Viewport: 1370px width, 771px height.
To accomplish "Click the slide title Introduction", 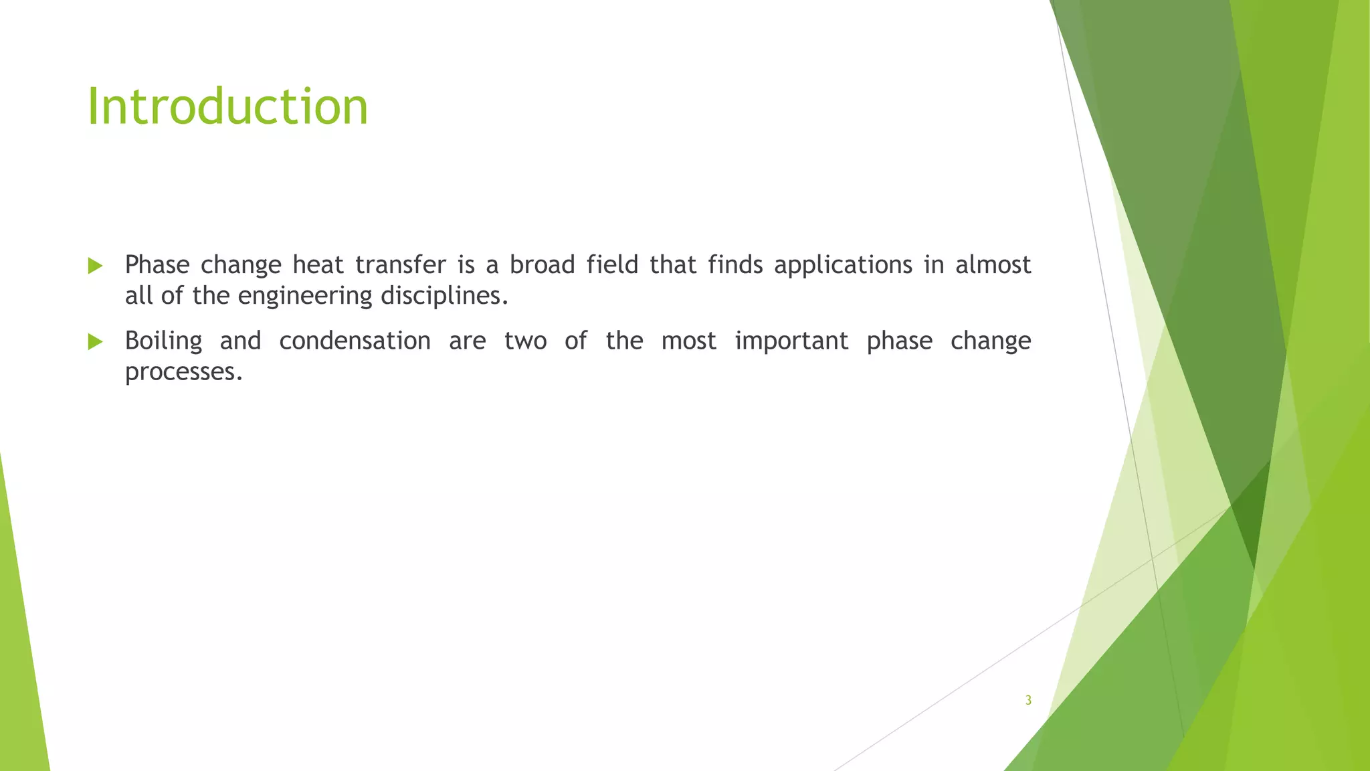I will (x=227, y=106).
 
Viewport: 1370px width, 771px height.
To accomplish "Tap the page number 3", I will (x=1028, y=701).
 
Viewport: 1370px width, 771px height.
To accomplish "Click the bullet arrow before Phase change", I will (x=95, y=266).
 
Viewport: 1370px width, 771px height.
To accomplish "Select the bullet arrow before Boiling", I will (x=95, y=342).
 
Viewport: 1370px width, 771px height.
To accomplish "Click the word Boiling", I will (x=163, y=341).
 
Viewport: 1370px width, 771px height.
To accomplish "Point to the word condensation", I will (x=355, y=341).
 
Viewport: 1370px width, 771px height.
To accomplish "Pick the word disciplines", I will (x=444, y=296).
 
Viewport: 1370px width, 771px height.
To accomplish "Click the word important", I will (x=791, y=342).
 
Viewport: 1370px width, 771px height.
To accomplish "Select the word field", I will (x=612, y=265).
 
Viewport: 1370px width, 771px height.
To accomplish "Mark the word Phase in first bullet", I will (x=157, y=265).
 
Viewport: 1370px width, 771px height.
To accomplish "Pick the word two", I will (x=525, y=341).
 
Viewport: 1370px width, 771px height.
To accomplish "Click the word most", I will (x=688, y=341).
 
